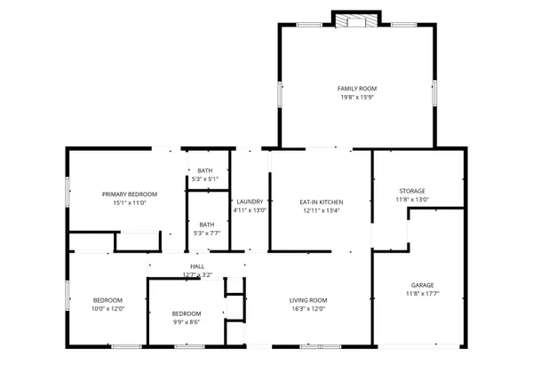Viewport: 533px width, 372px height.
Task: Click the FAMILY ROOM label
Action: coord(357,89)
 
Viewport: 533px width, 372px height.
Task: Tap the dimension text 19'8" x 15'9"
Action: coord(357,98)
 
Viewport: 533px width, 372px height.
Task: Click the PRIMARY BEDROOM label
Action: coord(129,194)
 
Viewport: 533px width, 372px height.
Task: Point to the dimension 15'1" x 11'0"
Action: coord(129,203)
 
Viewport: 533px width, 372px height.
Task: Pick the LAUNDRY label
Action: coord(250,202)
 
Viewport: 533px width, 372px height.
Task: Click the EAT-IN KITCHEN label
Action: coord(321,202)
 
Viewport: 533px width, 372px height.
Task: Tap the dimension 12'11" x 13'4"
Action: coord(321,211)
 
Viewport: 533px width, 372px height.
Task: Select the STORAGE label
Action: coord(411,191)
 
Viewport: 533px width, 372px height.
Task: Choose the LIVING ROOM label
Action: coord(308,300)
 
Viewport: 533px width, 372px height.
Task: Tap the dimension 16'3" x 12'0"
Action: coord(308,310)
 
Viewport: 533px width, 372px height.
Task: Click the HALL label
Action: coord(196,266)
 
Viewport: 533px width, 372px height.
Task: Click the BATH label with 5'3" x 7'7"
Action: coord(206,225)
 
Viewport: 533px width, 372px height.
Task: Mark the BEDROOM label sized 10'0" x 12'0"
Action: coord(107,300)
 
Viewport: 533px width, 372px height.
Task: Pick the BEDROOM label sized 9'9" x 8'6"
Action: coord(186,313)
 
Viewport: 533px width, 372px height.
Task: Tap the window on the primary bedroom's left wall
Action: coord(68,193)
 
